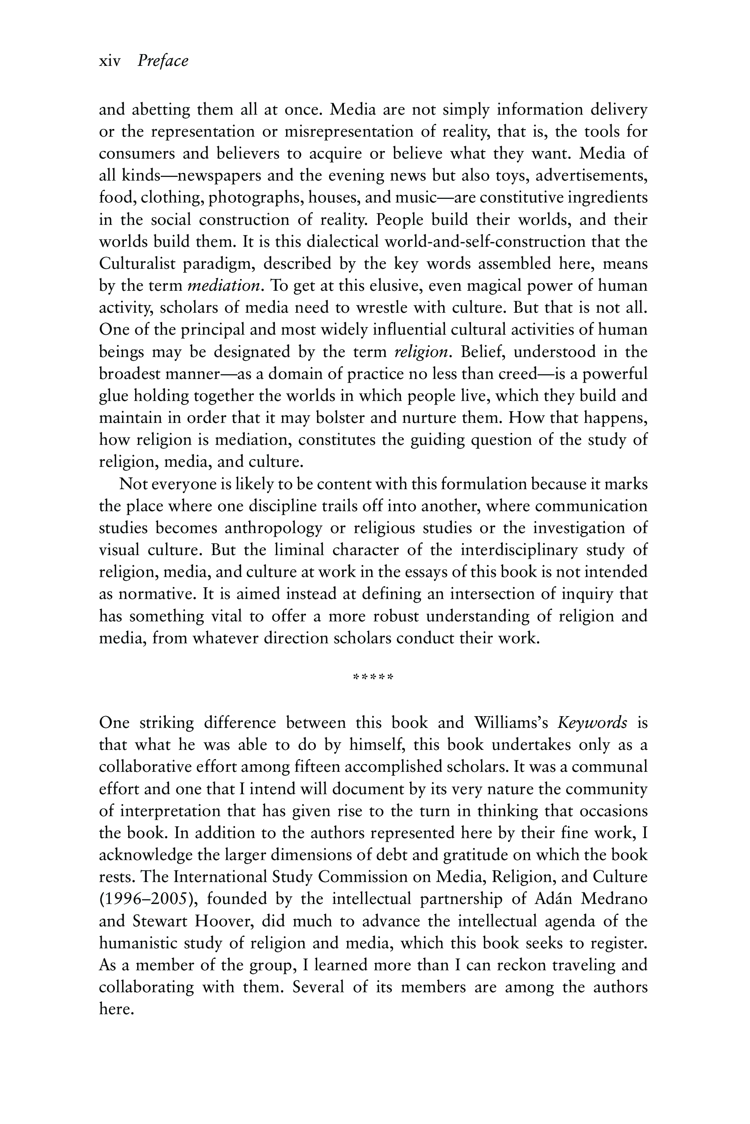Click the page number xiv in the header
pos(109,61)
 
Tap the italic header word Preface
pos(163,61)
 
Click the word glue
pos(112,396)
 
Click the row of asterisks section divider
pos(373,677)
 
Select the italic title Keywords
pos(592,723)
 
